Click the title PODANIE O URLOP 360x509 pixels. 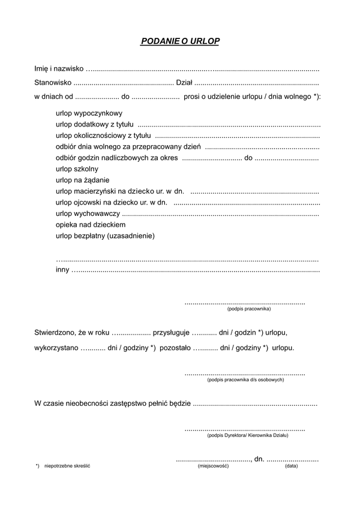[180, 41]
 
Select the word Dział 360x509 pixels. [184, 83]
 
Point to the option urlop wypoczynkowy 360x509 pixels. [89, 112]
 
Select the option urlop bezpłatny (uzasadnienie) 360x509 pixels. [105, 236]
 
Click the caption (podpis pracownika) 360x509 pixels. [248, 309]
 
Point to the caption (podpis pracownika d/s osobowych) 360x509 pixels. [245, 380]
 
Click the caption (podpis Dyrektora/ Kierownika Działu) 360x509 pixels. [247, 435]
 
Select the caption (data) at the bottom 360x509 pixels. [291, 466]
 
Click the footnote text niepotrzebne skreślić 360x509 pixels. [67, 466]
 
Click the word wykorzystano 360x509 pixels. [56, 347]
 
